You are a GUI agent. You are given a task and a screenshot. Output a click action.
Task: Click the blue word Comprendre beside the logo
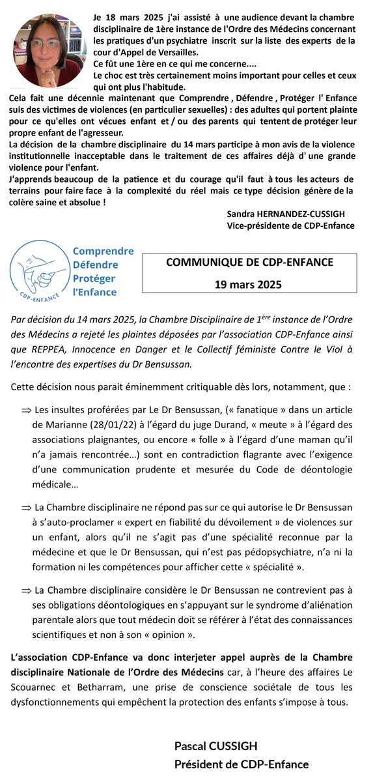(103, 252)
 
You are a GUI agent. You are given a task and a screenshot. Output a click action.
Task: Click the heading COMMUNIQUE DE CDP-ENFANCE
(249, 263)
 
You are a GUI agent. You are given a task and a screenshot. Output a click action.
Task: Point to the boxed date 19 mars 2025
(249, 284)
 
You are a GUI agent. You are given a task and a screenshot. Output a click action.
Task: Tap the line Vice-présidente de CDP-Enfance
(290, 225)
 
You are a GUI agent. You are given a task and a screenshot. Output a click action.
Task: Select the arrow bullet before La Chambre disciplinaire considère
(26, 590)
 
